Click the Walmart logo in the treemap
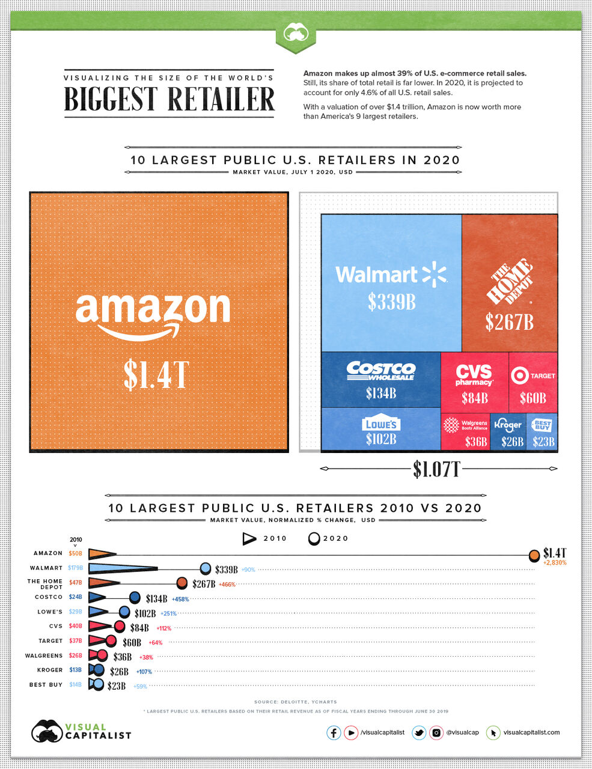[391, 275]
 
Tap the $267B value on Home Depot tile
[509, 323]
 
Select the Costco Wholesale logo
[380, 371]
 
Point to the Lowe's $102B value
[381, 439]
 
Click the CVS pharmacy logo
[474, 374]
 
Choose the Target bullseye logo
[519, 375]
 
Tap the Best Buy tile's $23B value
[543, 442]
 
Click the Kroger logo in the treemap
[508, 425]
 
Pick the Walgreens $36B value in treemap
[475, 442]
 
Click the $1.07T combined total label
[436, 469]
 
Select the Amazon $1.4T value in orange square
[156, 374]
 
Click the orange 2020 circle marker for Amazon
[534, 556]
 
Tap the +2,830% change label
[555, 563]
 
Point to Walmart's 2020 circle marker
[206, 568]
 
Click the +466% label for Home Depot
[227, 584]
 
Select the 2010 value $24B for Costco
[75, 597]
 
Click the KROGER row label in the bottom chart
[49, 670]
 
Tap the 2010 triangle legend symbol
[249, 538]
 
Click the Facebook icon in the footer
[334, 732]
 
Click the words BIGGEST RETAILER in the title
[169, 99]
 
